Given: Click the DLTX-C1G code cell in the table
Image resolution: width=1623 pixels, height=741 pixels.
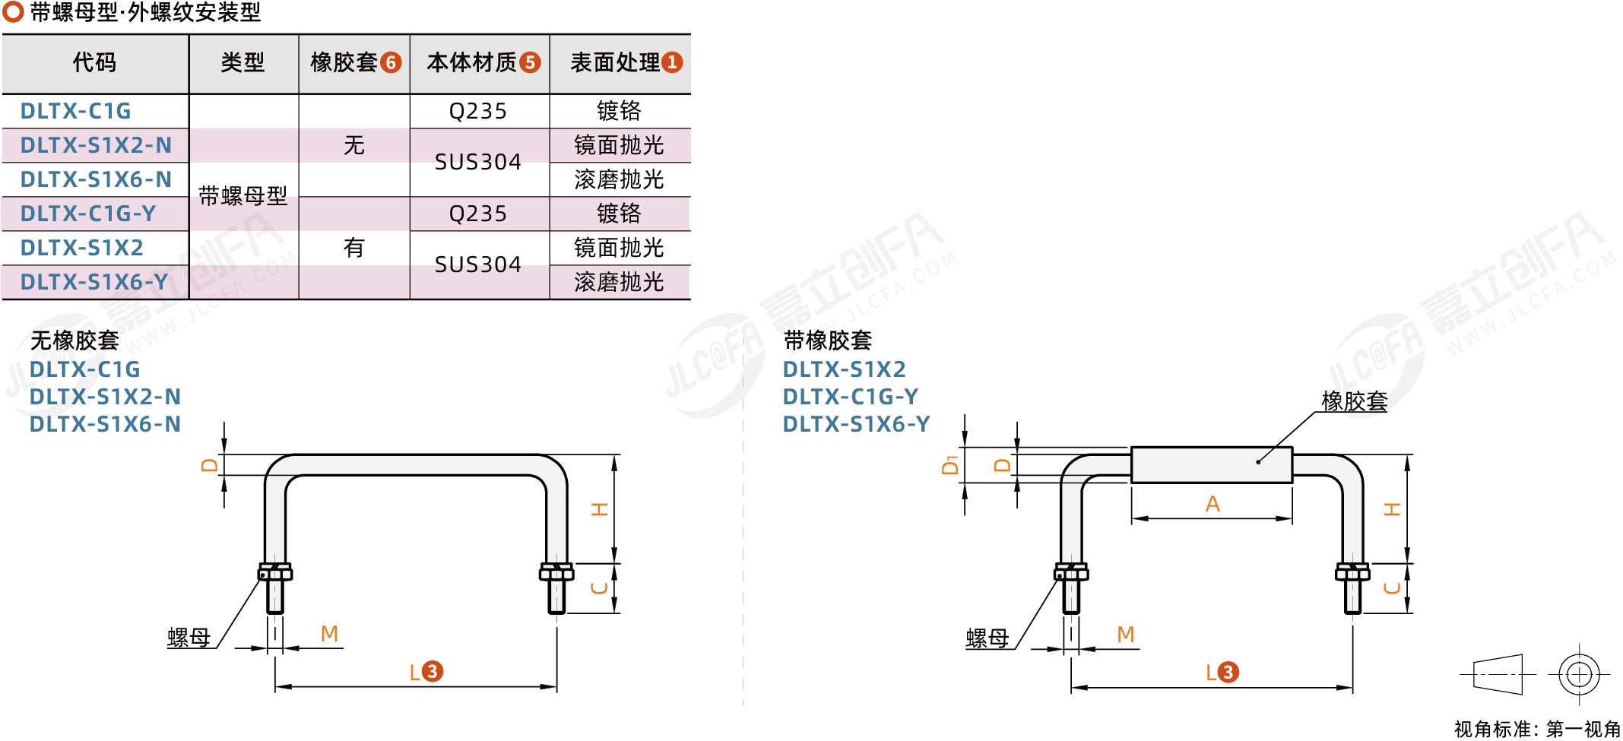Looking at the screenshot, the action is tap(75, 111).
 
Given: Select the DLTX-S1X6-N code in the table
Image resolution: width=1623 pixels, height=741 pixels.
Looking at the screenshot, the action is tap(96, 179).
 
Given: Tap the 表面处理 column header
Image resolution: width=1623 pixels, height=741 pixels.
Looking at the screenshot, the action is tap(615, 62).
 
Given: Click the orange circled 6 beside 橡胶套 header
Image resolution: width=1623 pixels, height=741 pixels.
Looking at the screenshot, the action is tap(391, 62).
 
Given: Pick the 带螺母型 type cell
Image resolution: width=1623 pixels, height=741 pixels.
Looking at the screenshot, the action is tap(243, 196).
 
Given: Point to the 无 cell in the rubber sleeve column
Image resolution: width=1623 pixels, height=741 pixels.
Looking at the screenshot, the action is tap(354, 145).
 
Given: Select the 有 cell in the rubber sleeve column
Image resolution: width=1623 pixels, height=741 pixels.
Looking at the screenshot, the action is tap(354, 248).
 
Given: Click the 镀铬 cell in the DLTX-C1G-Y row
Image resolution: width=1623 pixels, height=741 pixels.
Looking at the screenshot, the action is tap(619, 214).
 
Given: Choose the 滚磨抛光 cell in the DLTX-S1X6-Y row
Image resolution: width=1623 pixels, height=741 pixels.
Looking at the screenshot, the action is tap(619, 282).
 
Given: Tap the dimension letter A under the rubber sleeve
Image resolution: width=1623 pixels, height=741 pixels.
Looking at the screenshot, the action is tap(1212, 504).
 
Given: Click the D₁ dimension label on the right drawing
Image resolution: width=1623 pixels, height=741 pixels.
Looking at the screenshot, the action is tap(949, 465).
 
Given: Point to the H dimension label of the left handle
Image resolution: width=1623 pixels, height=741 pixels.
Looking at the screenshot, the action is tap(600, 509).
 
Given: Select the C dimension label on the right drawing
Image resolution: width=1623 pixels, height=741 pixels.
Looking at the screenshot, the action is tap(1392, 588).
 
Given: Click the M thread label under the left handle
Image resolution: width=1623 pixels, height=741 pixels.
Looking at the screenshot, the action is tap(329, 634).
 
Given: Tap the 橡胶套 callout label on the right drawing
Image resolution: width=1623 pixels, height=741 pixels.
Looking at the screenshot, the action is tap(1355, 401).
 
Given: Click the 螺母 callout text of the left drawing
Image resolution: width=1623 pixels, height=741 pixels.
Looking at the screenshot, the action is tap(189, 638).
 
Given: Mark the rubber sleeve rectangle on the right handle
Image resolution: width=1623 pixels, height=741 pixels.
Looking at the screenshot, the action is tap(1212, 465).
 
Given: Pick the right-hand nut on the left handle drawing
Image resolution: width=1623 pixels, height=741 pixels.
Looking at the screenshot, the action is tap(556, 572).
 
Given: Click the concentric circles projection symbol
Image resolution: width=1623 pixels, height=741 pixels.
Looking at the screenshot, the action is tap(1580, 674).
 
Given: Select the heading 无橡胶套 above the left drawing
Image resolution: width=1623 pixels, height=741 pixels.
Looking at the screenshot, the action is tap(74, 340).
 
